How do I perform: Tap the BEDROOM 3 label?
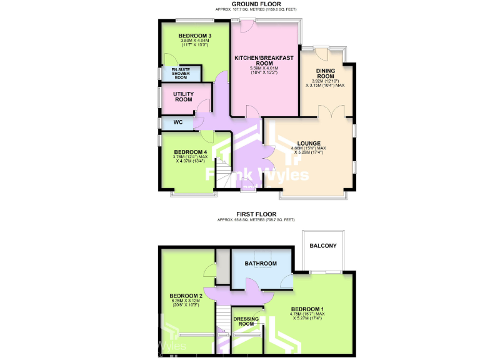[x=194, y=36]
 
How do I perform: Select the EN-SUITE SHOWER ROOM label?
[x=181, y=73]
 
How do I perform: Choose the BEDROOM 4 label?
[x=190, y=152]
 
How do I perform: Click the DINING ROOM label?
[x=327, y=74]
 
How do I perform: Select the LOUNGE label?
[x=311, y=142]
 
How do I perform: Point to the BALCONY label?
[x=322, y=246]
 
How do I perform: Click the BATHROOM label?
[x=261, y=264]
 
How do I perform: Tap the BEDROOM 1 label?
[x=307, y=309]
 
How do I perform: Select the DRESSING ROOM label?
[x=246, y=321]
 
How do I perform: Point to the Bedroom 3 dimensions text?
[x=194, y=44]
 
